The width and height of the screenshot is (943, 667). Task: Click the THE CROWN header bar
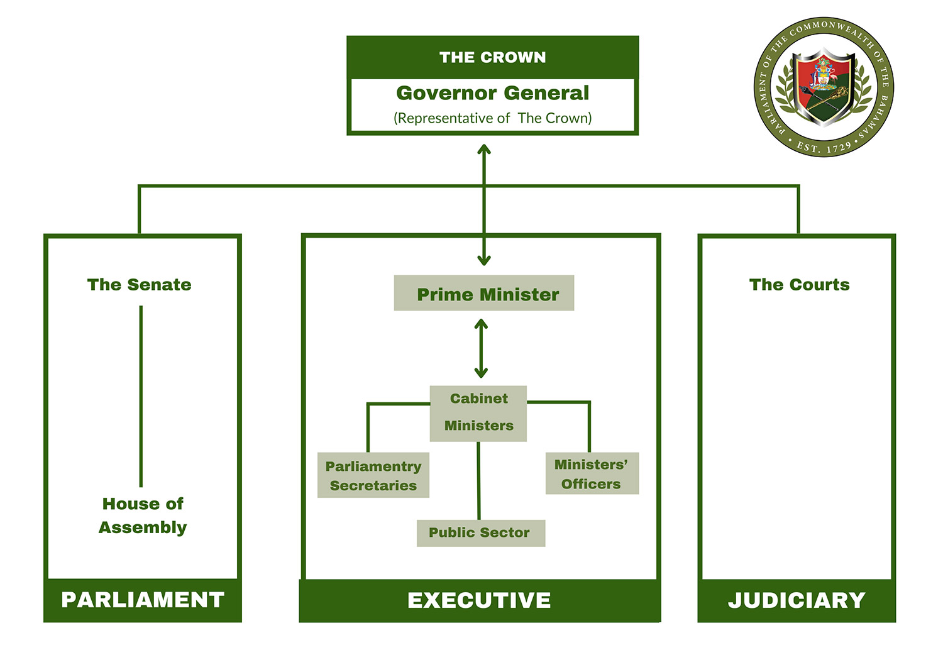click(492, 57)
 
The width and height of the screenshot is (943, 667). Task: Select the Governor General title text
click(492, 93)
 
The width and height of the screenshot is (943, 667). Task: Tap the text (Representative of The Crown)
click(492, 118)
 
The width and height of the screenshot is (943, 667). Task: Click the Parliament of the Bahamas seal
click(824, 87)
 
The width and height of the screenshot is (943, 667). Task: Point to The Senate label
click(139, 285)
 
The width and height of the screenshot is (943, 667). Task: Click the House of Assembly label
click(143, 515)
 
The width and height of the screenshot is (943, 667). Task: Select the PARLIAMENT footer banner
click(143, 600)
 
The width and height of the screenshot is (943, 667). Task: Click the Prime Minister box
click(484, 294)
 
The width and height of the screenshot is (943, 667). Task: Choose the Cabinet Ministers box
click(478, 413)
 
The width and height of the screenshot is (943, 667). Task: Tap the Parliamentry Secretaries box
click(373, 475)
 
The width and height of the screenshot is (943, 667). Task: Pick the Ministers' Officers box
click(592, 473)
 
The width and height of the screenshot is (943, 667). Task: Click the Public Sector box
click(480, 533)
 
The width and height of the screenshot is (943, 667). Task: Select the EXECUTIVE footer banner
click(480, 600)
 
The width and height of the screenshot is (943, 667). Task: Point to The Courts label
click(799, 285)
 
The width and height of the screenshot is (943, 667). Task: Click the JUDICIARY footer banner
click(797, 600)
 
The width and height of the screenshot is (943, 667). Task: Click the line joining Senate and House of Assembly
click(141, 396)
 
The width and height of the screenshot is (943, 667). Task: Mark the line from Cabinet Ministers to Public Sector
click(479, 481)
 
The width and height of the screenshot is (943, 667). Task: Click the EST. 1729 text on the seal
click(824, 148)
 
